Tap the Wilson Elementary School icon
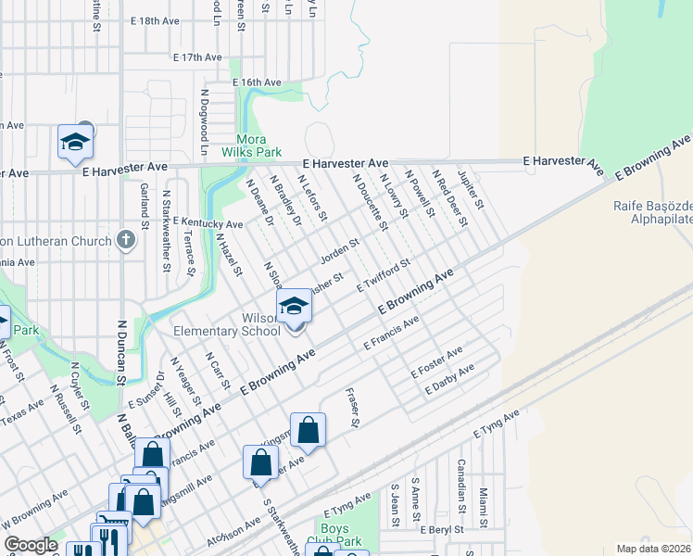click(x=294, y=306)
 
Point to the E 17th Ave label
click(x=197, y=57)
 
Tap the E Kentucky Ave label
click(x=208, y=223)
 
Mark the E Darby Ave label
click(x=449, y=379)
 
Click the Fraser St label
click(x=352, y=408)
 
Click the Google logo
click(x=31, y=545)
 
